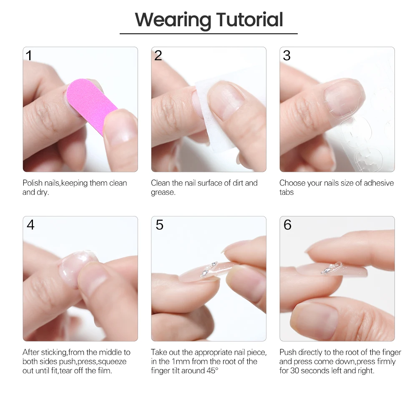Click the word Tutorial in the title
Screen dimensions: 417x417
[249, 20]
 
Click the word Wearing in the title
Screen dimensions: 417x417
[173, 20]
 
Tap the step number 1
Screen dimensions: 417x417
[29, 55]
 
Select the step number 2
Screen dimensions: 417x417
[158, 55]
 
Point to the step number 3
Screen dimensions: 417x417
[286, 55]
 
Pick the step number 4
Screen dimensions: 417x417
[30, 225]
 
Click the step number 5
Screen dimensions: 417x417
[159, 225]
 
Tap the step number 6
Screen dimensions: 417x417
[287, 225]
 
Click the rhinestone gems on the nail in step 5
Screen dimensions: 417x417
[208, 269]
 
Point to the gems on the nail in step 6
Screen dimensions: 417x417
[332, 268]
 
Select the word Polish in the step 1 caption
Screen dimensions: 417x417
[33, 183]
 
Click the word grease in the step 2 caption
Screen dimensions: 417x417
[162, 192]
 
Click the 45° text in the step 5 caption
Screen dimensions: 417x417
[211, 371]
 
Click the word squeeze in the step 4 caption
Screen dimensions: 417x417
[112, 362]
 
